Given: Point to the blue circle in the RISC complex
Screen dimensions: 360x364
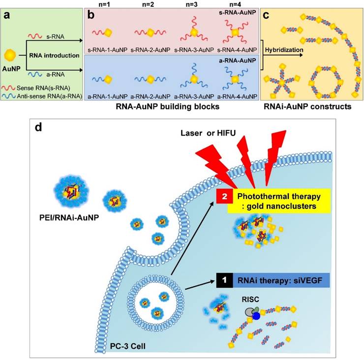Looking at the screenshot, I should [x=256, y=316].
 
